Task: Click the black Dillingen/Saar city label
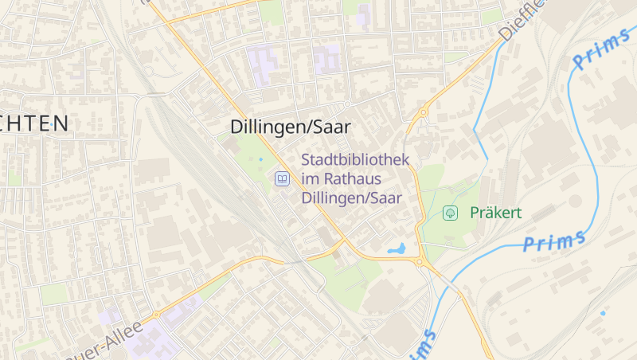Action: (x=291, y=127)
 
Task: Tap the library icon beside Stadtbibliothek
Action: (x=281, y=179)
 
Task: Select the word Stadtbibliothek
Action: (x=355, y=160)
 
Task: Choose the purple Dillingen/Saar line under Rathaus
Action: (x=352, y=198)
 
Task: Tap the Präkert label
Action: (x=495, y=213)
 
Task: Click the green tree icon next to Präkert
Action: (x=450, y=213)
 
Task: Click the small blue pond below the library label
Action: (x=397, y=249)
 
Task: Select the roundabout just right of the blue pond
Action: (x=421, y=261)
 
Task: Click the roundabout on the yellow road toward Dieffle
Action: (x=423, y=113)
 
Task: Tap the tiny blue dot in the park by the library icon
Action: (x=260, y=159)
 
